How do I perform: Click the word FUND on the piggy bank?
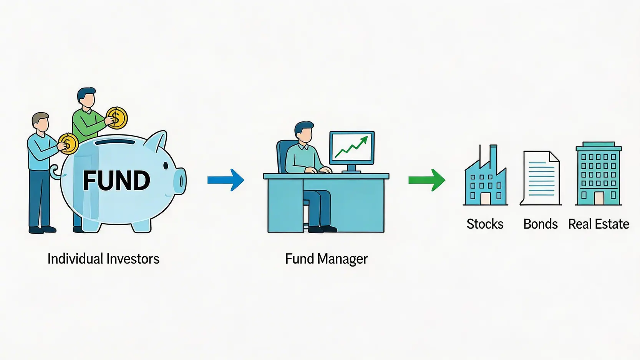[116, 181]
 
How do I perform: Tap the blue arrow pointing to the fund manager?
[226, 180]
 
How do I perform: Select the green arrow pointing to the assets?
[427, 180]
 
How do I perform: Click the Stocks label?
[485, 224]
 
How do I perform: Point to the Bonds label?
[540, 224]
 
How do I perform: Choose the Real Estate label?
[599, 224]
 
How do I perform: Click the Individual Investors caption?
[103, 259]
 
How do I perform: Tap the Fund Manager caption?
[327, 259]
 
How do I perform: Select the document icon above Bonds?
[541, 178]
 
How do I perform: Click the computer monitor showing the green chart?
[352, 148]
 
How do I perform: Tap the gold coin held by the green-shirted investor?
[117, 118]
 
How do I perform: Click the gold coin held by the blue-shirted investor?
[69, 144]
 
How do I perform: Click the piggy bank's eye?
[166, 166]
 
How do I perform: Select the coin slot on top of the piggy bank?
[115, 142]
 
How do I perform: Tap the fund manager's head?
[304, 133]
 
